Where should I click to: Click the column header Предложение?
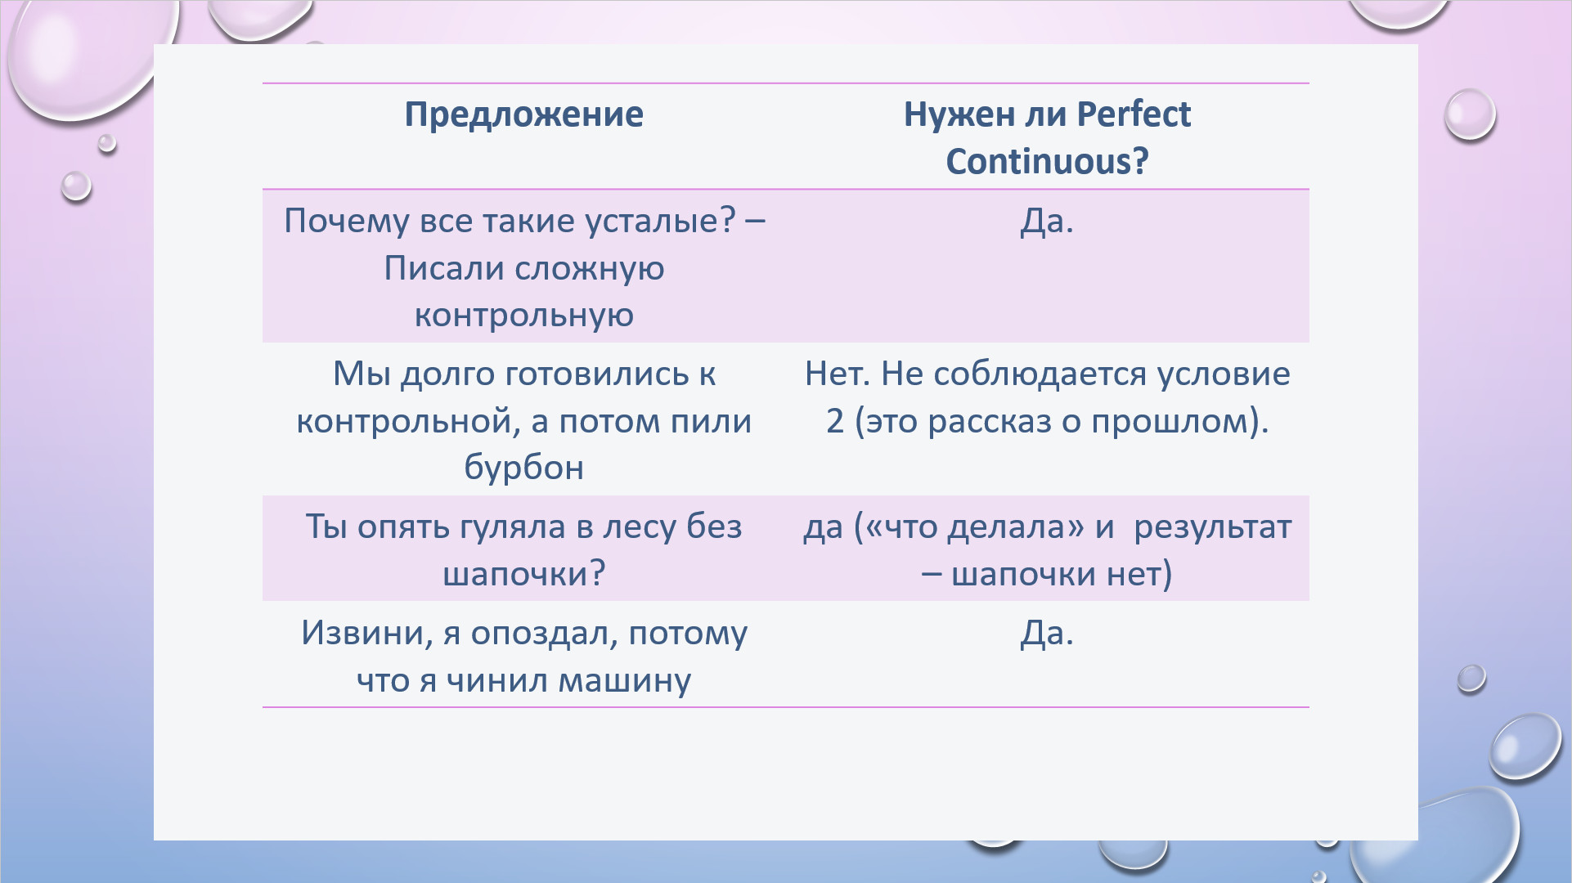click(x=524, y=114)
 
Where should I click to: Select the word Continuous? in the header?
click(x=1047, y=161)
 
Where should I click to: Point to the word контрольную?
click(x=524, y=316)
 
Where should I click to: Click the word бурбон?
click(x=524, y=467)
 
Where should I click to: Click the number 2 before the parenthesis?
click(x=835, y=421)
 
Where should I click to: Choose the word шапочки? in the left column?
click(x=524, y=574)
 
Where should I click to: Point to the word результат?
click(x=1213, y=528)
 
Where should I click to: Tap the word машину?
click(x=625, y=681)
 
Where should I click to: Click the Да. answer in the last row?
click(x=1047, y=633)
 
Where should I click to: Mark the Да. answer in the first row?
click(x=1047, y=222)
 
